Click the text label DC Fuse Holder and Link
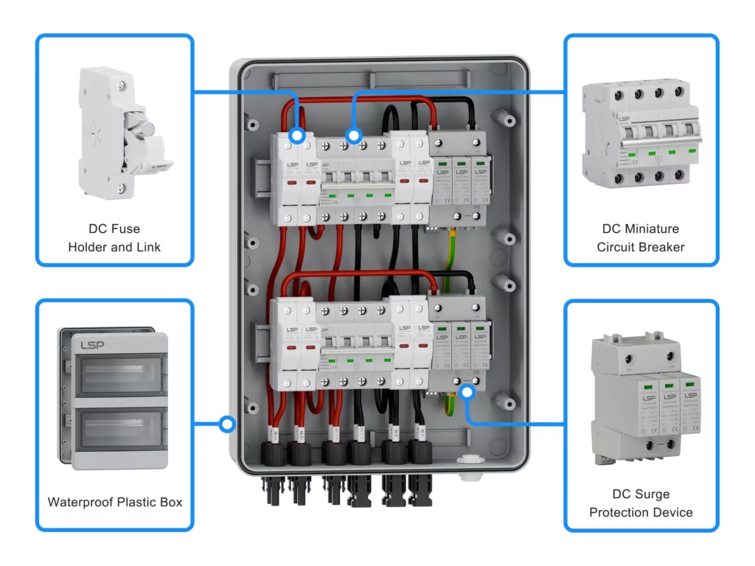coord(114,237)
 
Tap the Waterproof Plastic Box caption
coord(114,502)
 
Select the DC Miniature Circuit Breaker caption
coord(641,237)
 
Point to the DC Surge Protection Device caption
coord(641,503)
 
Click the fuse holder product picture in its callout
coord(122,133)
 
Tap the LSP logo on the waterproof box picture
coord(92,345)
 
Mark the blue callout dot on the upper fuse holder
coord(296,136)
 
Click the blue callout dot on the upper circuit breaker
coord(354,136)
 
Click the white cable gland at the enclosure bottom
coord(466,461)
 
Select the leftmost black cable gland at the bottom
coord(274,454)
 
